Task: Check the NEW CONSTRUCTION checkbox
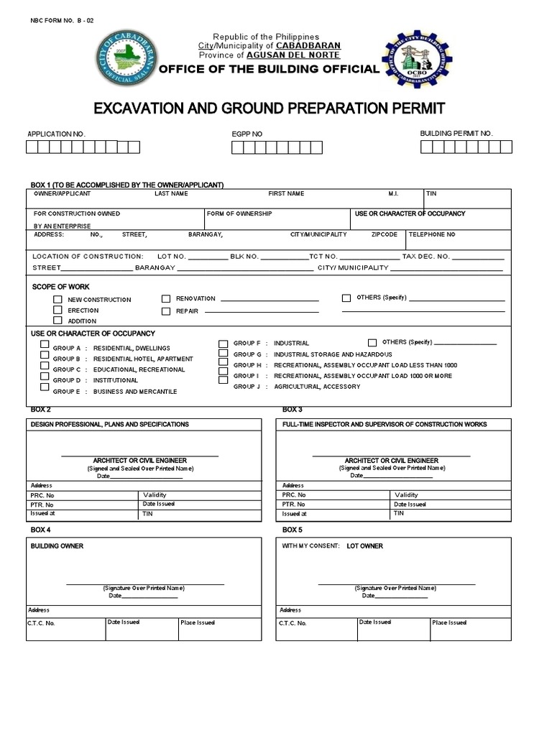coord(57,299)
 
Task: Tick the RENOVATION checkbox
coord(165,298)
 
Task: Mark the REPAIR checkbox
coord(165,311)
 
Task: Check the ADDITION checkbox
coord(57,321)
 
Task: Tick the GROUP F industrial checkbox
coord(224,344)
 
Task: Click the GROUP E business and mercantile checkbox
coord(45,387)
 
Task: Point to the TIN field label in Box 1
coord(431,194)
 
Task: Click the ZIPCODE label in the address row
coord(385,234)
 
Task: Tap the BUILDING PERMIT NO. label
coord(456,134)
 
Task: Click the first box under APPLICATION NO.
coord(32,147)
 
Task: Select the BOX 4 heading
coord(40,530)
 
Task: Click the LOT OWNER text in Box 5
coord(364,546)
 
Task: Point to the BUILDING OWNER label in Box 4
coord(57,546)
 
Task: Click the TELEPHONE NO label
coord(432,234)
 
